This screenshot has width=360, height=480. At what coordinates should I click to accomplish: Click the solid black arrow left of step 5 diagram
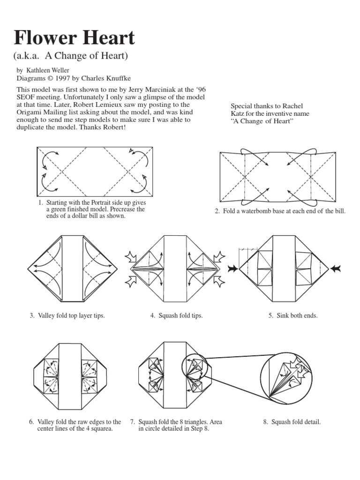click(232, 269)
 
